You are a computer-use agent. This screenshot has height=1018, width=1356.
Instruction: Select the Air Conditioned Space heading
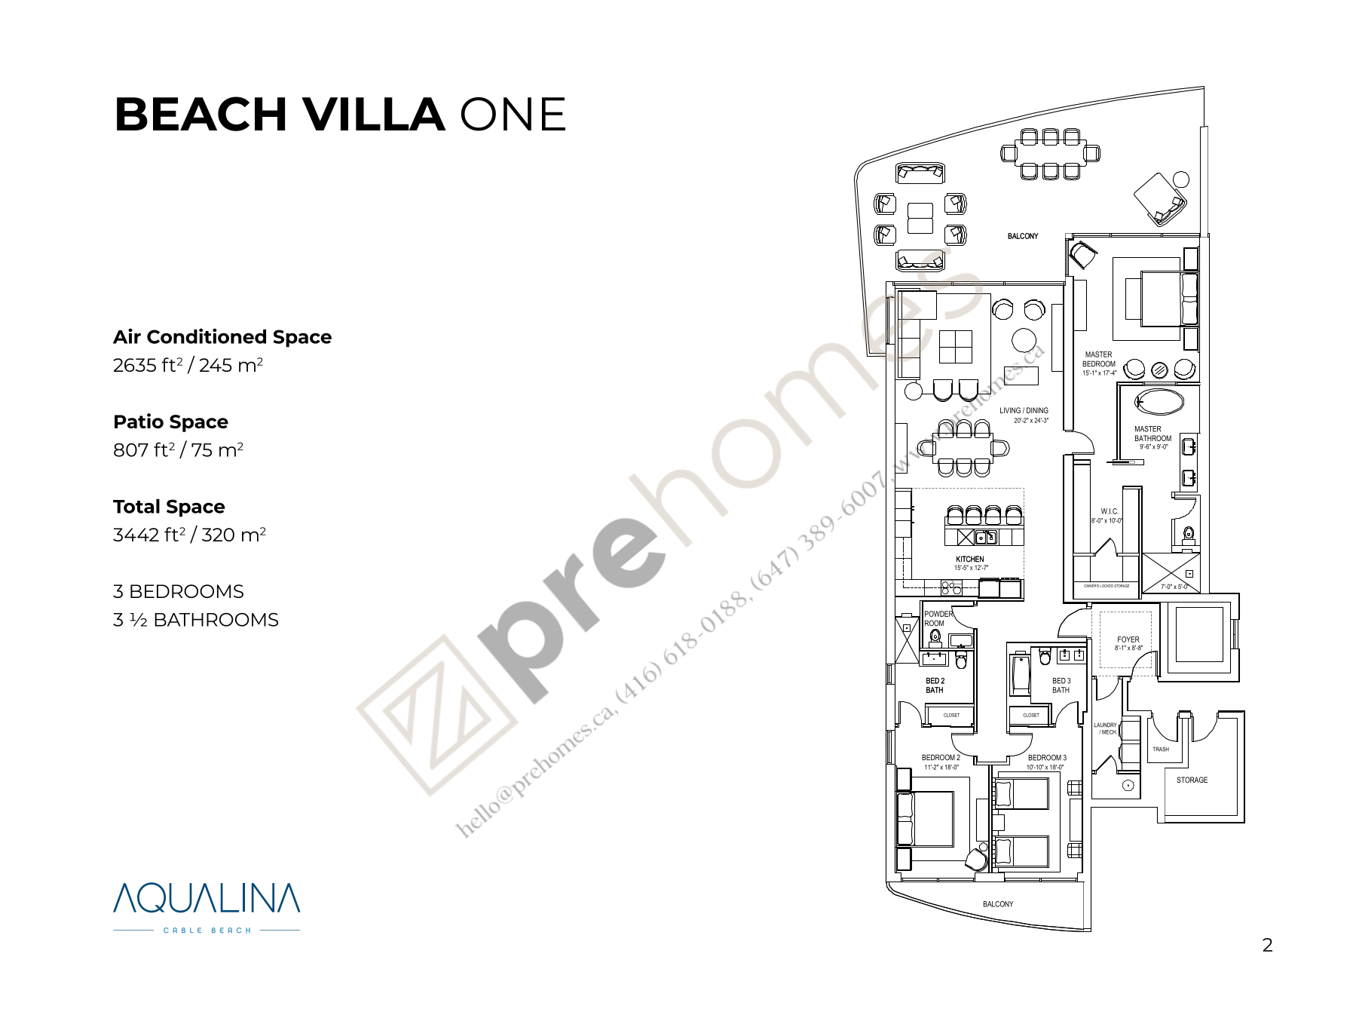222,337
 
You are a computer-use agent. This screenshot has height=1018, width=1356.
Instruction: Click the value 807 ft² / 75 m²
178,450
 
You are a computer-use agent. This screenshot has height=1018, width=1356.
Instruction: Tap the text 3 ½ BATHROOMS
196,620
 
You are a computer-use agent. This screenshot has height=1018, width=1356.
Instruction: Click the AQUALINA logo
207,900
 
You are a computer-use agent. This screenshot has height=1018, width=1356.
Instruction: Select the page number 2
1267,945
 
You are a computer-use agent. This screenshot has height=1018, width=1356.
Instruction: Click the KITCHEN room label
970,560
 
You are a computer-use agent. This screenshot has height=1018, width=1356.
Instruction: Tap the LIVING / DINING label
1024,411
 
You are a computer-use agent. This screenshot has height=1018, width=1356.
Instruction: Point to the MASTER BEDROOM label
1098,359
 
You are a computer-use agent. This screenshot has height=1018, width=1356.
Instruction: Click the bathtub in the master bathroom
1159,401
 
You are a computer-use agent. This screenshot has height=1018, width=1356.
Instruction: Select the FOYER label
1128,639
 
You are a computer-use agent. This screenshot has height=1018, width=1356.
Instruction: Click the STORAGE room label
1192,780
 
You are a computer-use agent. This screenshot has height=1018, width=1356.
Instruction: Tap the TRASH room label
1161,749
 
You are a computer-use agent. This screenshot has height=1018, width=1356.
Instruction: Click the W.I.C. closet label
1110,511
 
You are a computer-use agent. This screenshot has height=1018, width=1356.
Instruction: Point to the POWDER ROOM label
938,618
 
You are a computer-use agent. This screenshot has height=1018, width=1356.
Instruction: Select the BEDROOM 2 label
941,758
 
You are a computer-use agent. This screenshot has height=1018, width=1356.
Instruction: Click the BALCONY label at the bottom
998,904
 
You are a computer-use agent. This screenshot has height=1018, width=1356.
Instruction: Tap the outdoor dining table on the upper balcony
1050,154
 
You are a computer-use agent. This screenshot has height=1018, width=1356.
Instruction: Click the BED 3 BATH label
1061,685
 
